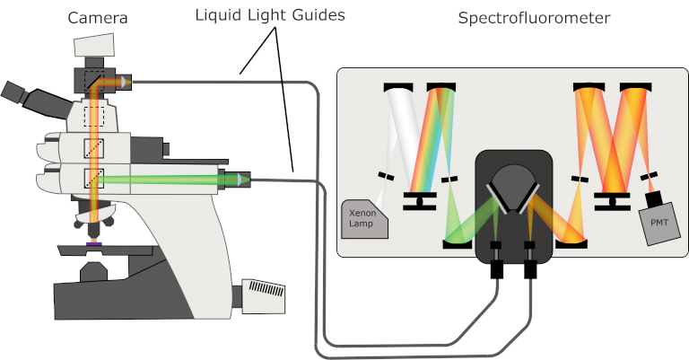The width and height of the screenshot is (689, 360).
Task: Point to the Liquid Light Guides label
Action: [x=269, y=15]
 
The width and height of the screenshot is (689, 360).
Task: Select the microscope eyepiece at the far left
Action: [x=13, y=91]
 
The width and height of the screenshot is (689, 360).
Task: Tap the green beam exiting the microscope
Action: [x=170, y=180]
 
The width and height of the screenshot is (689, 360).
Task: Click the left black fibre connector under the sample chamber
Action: [x=496, y=266]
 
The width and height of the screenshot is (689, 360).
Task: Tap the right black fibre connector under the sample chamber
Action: [x=529, y=266]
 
